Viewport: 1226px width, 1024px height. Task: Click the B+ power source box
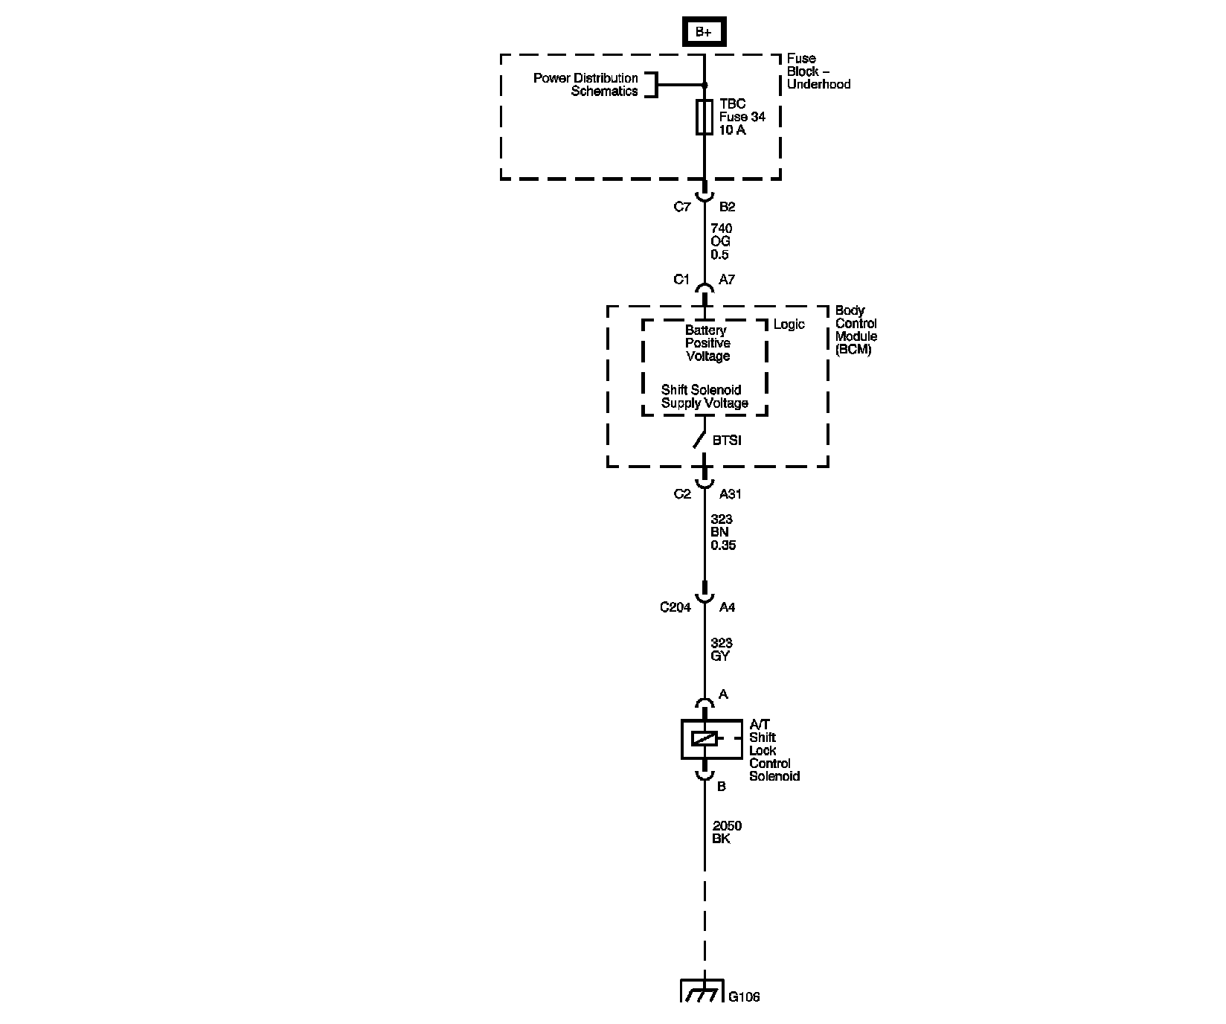click(x=703, y=32)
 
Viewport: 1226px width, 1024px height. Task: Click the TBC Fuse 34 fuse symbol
click(x=704, y=118)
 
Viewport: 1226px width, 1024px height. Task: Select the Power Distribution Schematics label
click(x=585, y=85)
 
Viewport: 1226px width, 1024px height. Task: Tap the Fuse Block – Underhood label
click(x=818, y=71)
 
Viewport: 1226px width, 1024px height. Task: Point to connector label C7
click(x=681, y=207)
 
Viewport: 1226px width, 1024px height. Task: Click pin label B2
click(x=727, y=207)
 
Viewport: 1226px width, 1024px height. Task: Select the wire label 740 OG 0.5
click(x=721, y=241)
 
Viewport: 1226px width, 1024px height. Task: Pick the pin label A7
click(x=727, y=280)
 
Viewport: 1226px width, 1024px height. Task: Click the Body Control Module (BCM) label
click(x=856, y=330)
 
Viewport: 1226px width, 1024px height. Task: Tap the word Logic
click(x=789, y=324)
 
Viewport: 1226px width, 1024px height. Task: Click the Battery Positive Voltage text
click(x=707, y=343)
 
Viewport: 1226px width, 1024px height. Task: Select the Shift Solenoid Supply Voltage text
click(x=704, y=397)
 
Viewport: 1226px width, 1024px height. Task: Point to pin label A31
click(x=731, y=494)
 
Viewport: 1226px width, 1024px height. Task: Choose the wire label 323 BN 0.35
click(x=722, y=532)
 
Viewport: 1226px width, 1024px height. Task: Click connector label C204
click(x=675, y=607)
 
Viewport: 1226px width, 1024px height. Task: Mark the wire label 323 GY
click(x=721, y=650)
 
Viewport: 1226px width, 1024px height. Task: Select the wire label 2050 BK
click(x=727, y=832)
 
